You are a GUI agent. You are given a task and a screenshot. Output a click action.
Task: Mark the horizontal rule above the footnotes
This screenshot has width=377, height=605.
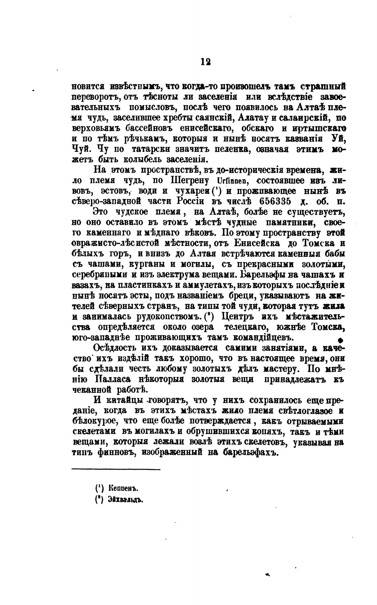click(x=116, y=469)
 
